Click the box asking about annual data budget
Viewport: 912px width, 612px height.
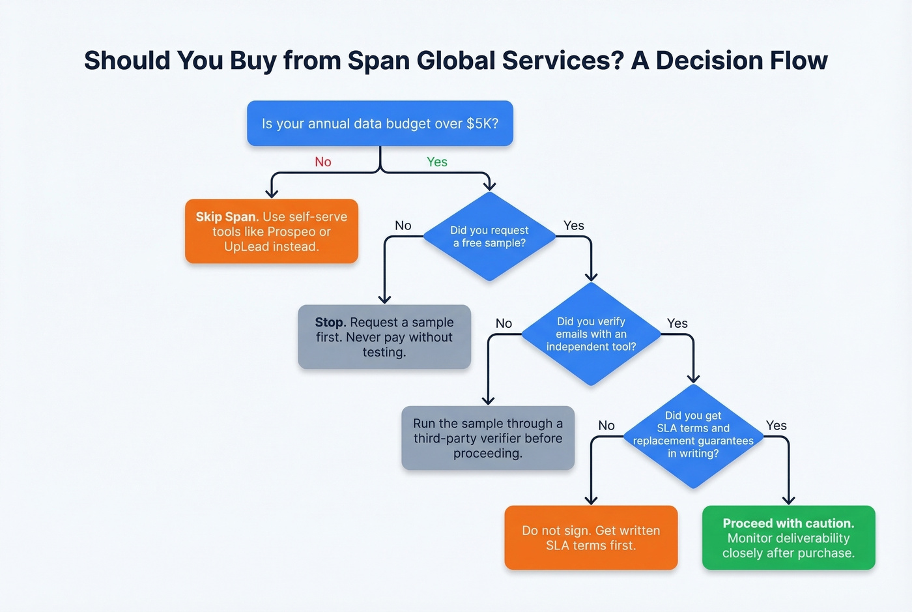pyautogui.click(x=380, y=123)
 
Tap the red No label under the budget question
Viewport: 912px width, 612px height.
pyautogui.click(x=323, y=162)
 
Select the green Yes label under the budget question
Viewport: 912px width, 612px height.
pyautogui.click(x=437, y=162)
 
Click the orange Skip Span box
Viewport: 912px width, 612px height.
pyautogui.click(x=272, y=231)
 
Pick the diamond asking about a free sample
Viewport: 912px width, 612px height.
pyautogui.click(x=489, y=237)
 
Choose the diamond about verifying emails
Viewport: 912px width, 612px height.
pyautogui.click(x=591, y=334)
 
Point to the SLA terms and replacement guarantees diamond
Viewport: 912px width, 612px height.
pyautogui.click(x=693, y=435)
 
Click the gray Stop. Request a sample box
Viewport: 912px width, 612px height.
pyautogui.click(x=384, y=337)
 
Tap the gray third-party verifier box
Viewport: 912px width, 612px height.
pyautogui.click(x=488, y=438)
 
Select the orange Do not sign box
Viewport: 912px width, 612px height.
pyautogui.click(x=591, y=538)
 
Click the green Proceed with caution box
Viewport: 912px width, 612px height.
pyautogui.click(x=788, y=538)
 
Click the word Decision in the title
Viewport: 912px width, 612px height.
pyautogui.click(x=709, y=61)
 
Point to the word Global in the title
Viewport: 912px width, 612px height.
pyautogui.click(x=455, y=61)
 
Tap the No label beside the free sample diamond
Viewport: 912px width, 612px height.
pyautogui.click(x=403, y=226)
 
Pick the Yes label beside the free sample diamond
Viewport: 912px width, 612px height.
pyautogui.click(x=574, y=226)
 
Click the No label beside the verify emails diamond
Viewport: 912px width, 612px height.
pyautogui.click(x=504, y=323)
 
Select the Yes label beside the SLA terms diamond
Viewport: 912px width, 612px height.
pyautogui.click(x=777, y=426)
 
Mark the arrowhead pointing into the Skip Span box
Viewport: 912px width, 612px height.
pyautogui.click(x=272, y=193)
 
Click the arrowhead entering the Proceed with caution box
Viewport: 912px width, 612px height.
pyautogui.click(x=788, y=500)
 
